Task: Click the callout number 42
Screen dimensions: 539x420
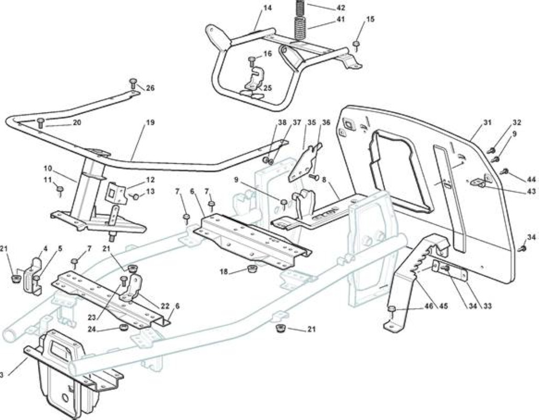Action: [x=340, y=7]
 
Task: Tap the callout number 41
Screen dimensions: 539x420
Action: [x=340, y=19]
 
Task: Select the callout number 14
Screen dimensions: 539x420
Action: [x=268, y=7]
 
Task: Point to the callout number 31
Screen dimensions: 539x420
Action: [x=487, y=122]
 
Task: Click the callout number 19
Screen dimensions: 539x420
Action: [x=150, y=122]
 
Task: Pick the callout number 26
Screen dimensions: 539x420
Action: [x=150, y=88]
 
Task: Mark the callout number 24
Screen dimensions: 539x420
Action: [x=92, y=329]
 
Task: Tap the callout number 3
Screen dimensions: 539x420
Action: [x=2, y=375]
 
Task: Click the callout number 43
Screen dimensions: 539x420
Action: [x=531, y=192]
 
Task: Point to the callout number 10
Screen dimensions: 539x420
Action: [x=48, y=169]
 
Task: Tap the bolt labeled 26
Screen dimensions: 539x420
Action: [x=133, y=85]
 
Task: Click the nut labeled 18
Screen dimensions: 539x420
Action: [x=253, y=268]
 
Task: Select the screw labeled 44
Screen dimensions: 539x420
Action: [x=505, y=171]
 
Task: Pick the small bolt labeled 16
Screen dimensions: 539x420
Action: [x=251, y=62]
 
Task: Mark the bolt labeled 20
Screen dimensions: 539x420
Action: [x=41, y=122]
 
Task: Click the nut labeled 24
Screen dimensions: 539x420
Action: [x=122, y=327]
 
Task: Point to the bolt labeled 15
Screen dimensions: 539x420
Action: [x=356, y=45]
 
